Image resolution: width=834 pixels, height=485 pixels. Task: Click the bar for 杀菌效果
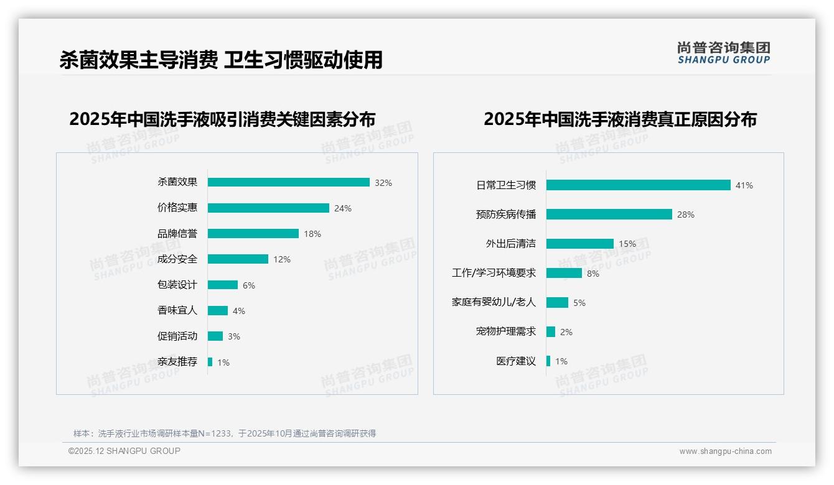[x=288, y=182]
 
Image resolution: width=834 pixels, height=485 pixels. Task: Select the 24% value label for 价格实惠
[x=343, y=208]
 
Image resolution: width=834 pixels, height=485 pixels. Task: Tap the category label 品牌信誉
[x=177, y=234]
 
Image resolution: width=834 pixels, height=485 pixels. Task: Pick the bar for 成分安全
[x=238, y=259]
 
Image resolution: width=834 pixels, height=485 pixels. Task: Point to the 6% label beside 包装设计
[x=249, y=285]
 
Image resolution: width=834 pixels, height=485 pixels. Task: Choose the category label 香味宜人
[x=177, y=310]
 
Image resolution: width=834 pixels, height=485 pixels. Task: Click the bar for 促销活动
[x=215, y=336]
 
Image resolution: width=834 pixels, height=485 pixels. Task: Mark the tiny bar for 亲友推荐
[x=210, y=362]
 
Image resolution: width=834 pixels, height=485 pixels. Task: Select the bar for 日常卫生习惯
[x=638, y=185]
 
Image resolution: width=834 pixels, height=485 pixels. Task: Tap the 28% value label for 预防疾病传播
[x=686, y=215]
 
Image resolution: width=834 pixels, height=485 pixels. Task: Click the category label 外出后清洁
[x=510, y=244]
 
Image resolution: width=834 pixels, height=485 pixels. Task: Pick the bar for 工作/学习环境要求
[x=564, y=273]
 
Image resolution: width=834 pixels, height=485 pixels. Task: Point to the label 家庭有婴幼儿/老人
[x=494, y=302]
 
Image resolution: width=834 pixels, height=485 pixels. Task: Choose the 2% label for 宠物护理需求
[x=566, y=332]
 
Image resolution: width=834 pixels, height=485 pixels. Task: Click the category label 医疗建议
[x=516, y=361]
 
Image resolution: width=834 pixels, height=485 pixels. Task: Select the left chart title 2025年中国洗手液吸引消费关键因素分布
[x=222, y=119]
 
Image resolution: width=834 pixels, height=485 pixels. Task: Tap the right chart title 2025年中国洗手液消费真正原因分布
[x=620, y=119]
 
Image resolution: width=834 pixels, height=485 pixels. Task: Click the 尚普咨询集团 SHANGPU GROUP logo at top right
[x=723, y=53]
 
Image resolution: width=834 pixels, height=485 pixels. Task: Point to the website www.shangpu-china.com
[x=725, y=451]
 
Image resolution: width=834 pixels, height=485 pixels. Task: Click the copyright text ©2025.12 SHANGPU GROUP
[x=124, y=451]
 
